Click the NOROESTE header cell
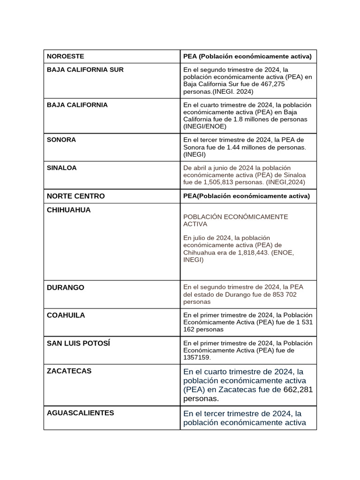(x=66, y=56)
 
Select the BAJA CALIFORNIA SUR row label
(x=85, y=70)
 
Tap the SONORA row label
(x=61, y=140)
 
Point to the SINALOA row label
(x=62, y=168)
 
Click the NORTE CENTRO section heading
(x=76, y=196)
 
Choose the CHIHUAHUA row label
(x=69, y=210)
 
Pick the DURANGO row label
(x=66, y=287)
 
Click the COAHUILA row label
(x=66, y=315)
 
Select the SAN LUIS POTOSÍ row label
(x=79, y=343)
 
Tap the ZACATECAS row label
(x=69, y=371)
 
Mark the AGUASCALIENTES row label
(x=81, y=413)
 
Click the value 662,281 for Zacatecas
(x=298, y=390)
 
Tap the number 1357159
(x=196, y=357)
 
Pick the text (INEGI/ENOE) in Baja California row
(x=205, y=126)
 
